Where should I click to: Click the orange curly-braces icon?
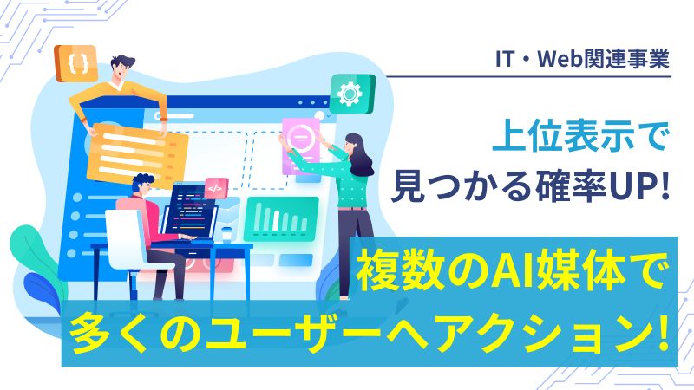tap(75, 63)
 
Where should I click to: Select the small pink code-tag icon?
tap(216, 187)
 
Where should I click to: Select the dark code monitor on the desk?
tap(190, 213)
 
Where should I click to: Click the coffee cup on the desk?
tap(226, 233)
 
